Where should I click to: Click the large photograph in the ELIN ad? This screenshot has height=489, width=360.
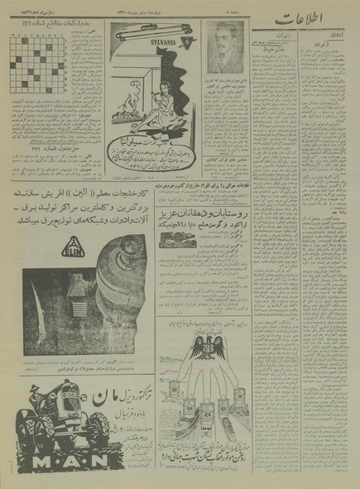pos(95,288)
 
